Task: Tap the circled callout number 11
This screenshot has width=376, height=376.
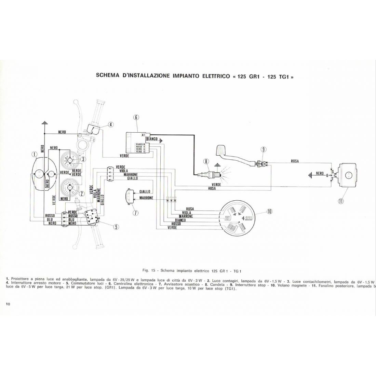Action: [340, 201]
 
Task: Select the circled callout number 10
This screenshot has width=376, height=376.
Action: [269, 211]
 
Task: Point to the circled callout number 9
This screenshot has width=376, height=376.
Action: [263, 149]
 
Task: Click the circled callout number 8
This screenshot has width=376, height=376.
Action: [205, 161]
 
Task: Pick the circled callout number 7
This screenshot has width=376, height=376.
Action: [135, 213]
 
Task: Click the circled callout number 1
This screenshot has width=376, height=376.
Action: [34, 155]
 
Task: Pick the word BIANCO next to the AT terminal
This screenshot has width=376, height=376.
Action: [151, 139]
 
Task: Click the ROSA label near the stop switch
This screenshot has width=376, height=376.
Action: [295, 161]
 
